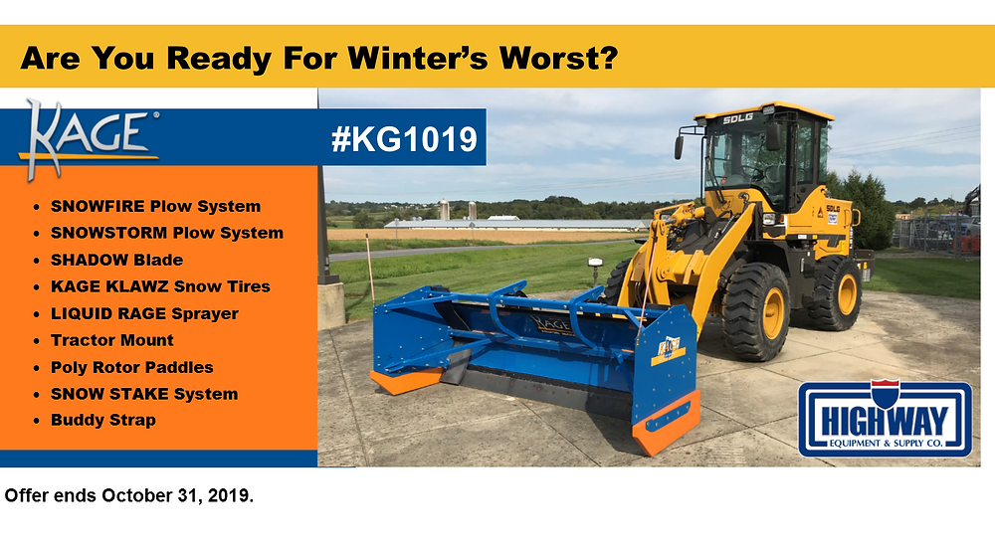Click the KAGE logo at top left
coord(89,139)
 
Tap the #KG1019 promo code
coord(404,139)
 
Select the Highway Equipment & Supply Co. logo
coord(886,419)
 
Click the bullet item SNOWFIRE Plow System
coord(155,206)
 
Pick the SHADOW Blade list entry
coord(116,260)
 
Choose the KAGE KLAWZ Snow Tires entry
coord(160,286)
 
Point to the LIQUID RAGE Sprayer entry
coord(144,314)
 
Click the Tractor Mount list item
coord(112,340)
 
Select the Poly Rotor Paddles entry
coord(132,367)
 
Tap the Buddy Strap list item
coord(103,421)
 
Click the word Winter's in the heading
coord(418,58)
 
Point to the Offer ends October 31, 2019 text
coord(128,495)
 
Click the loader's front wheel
coord(755,311)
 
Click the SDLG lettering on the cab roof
coord(738,118)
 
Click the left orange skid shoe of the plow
coord(406,381)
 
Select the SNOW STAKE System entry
coord(144,394)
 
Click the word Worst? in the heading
coord(559,58)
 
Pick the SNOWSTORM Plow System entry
coord(167,233)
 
